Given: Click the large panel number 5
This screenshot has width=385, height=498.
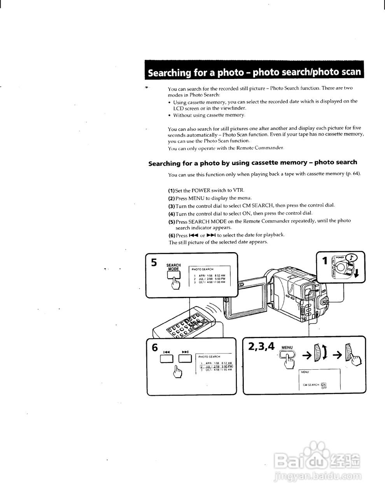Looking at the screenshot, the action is [154, 263].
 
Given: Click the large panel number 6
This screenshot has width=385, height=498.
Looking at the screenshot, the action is [155, 347].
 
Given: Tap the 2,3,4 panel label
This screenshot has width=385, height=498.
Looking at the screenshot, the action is [261, 345].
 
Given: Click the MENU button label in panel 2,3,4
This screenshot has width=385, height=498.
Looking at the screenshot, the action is [287, 347].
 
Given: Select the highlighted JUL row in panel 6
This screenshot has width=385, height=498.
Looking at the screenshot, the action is [216, 366].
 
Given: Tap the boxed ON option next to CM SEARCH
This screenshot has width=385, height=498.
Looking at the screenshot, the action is [324, 384].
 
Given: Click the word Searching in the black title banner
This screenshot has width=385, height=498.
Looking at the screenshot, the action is [170, 73].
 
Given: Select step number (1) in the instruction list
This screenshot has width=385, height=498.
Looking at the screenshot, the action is [171, 191].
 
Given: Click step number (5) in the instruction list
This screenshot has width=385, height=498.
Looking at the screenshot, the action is [171, 221].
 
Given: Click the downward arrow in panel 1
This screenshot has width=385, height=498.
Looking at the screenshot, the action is [357, 276].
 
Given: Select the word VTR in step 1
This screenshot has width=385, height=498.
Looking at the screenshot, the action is [238, 190].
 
